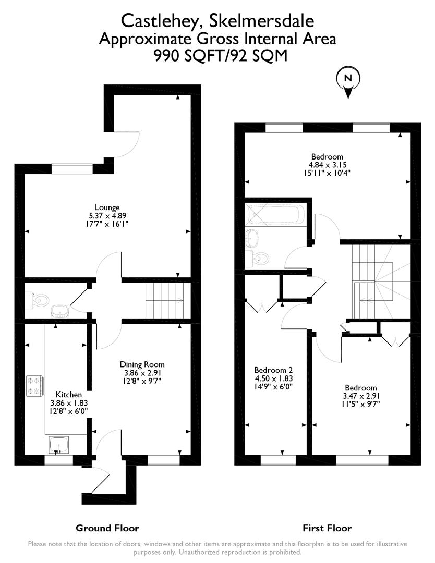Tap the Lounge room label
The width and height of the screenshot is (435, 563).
point(107,207)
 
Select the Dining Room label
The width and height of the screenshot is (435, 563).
point(142,364)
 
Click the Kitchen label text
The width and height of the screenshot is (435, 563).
point(69,395)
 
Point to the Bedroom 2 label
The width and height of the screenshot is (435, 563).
point(273,370)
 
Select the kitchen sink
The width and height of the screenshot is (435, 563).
point(58,445)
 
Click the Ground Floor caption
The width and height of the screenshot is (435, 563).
point(107,528)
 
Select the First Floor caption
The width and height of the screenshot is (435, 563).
point(327,528)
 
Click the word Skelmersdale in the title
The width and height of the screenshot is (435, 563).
point(261,20)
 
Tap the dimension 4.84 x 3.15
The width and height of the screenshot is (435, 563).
point(327,165)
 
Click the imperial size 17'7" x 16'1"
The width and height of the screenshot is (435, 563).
point(107,224)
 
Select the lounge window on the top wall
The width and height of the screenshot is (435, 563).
point(72,168)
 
